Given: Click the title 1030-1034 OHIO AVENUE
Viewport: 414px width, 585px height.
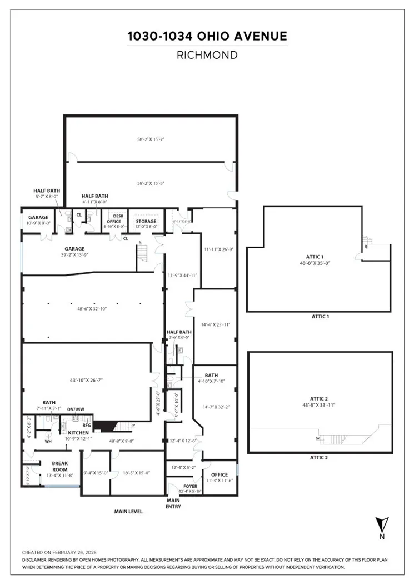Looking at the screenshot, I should [207, 37].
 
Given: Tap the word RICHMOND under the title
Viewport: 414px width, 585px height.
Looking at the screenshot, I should [207, 55].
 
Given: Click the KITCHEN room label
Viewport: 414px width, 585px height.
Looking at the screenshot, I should [78, 432].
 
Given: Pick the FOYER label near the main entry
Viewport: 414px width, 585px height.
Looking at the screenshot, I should [191, 486].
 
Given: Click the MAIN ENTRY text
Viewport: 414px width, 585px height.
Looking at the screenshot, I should [174, 503].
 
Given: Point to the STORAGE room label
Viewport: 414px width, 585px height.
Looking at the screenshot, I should [146, 222].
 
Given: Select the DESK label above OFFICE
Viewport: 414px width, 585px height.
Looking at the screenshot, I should [118, 216].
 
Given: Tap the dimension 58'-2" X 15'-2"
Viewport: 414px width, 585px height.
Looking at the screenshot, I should [151, 139].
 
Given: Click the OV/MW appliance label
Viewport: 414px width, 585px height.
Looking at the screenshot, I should [76, 409].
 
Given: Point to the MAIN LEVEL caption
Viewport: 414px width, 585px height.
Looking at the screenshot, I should [128, 511].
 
